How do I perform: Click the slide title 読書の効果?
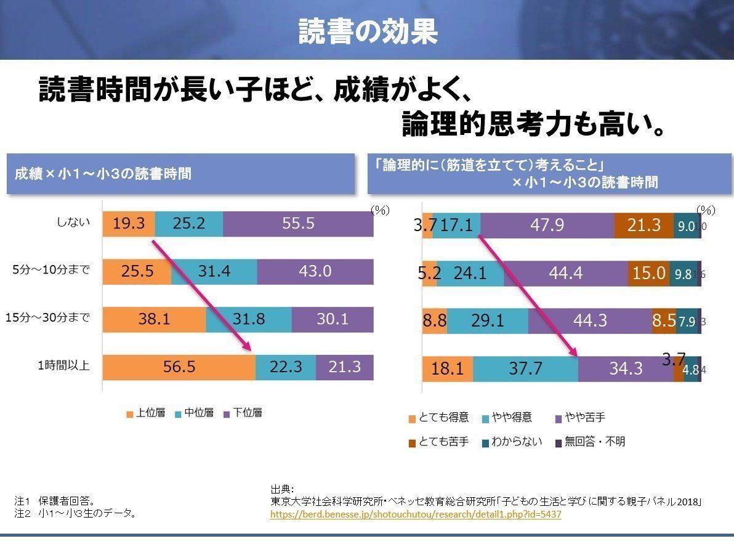(368, 31)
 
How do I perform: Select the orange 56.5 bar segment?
(179, 367)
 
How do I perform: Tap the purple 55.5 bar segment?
(298, 223)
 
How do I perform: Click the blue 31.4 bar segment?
(214, 271)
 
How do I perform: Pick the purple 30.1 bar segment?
(333, 319)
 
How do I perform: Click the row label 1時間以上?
(63, 366)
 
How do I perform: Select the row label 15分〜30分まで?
(47, 318)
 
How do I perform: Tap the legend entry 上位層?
(146, 413)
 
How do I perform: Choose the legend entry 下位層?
(243, 413)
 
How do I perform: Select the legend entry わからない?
(512, 442)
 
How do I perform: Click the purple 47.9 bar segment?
(547, 226)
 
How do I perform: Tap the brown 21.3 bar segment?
(643, 226)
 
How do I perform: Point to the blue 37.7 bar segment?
(525, 368)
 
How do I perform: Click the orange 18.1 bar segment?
(447, 368)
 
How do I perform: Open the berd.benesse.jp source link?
(416, 514)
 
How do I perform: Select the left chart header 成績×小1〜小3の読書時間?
(103, 174)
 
